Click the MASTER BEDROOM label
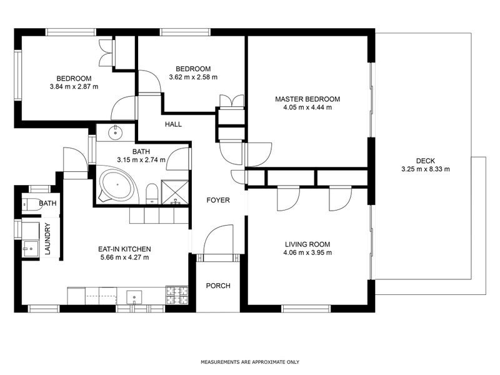tap(307, 99)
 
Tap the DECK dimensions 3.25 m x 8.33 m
tap(426, 169)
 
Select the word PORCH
tap(218, 286)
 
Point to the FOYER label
tap(218, 200)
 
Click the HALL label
tap(174, 124)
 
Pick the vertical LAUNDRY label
tap(47, 239)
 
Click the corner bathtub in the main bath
tap(116, 186)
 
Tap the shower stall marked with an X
tap(176, 192)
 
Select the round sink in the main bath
tap(115, 132)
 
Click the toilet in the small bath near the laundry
tap(32, 204)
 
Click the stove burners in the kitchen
tap(177, 295)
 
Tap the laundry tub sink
tap(30, 249)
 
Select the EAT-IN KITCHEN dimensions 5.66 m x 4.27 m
tap(124, 257)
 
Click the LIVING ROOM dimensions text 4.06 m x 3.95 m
tap(307, 253)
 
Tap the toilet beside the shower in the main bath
tap(152, 194)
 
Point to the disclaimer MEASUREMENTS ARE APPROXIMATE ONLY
tap(250, 362)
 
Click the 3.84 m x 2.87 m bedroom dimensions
tap(74, 86)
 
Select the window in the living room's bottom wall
tap(306, 308)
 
